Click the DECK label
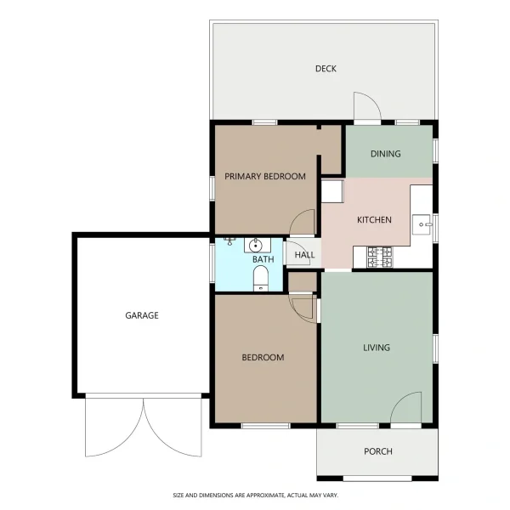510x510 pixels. pyautogui.click(x=326, y=69)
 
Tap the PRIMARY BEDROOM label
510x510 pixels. pyautogui.click(x=265, y=176)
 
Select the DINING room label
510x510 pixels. pyautogui.click(x=385, y=154)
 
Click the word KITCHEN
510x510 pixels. pyautogui.click(x=374, y=220)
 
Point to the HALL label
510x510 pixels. pyautogui.click(x=304, y=255)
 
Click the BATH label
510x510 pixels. pyautogui.click(x=263, y=259)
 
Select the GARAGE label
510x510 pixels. pyautogui.click(x=142, y=315)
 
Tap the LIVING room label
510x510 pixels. pyautogui.click(x=377, y=348)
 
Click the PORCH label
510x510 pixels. pyautogui.click(x=378, y=451)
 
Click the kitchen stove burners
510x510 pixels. pyautogui.click(x=380, y=258)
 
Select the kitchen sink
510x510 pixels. pyautogui.click(x=422, y=224)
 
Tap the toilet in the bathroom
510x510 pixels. pyautogui.click(x=261, y=279)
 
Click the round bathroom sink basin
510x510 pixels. pyautogui.click(x=256, y=246)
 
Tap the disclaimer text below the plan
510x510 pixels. pyautogui.click(x=255, y=496)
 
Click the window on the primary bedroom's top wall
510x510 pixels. pyautogui.click(x=264, y=122)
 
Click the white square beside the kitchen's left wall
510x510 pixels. pyautogui.click(x=332, y=191)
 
